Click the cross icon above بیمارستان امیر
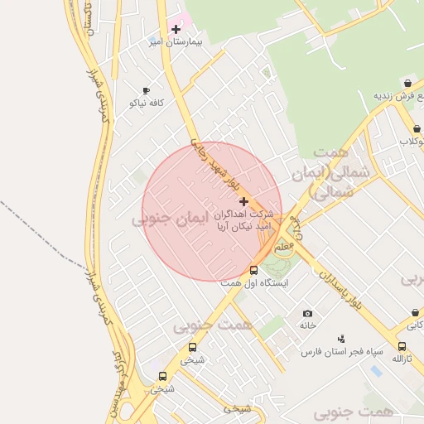pyautogui.click(x=176, y=29)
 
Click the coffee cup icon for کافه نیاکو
pyautogui.click(x=146, y=90)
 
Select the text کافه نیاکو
pyautogui.click(x=147, y=103)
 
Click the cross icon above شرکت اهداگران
pyautogui.click(x=243, y=201)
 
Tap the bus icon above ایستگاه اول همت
pyautogui.click(x=253, y=270)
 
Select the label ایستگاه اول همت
pyautogui.click(x=253, y=282)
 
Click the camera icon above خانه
pyautogui.click(x=308, y=313)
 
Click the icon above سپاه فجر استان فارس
pyautogui.click(x=340, y=339)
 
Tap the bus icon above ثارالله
pyautogui.click(x=402, y=346)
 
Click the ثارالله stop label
pyautogui.click(x=402, y=359)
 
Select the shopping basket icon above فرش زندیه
pyautogui.click(x=408, y=84)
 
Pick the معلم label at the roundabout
pyautogui.click(x=282, y=247)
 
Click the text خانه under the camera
pyautogui.click(x=308, y=325)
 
